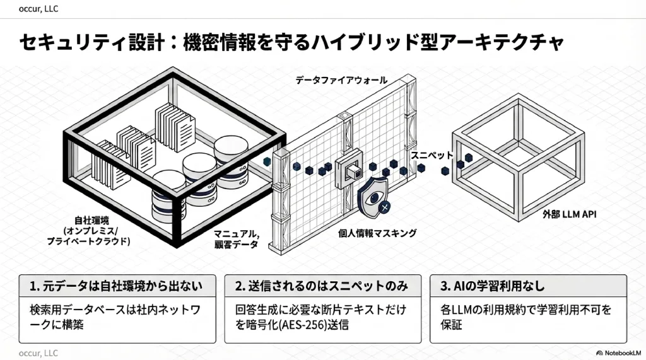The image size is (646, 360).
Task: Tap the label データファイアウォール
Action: point(341,81)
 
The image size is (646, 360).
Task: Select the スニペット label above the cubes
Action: point(432,154)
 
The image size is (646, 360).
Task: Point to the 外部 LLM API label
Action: point(570,214)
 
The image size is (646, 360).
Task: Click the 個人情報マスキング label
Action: point(377,233)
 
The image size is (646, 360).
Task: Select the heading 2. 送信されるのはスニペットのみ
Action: point(322,286)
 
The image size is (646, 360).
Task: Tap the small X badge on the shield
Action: point(385,206)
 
